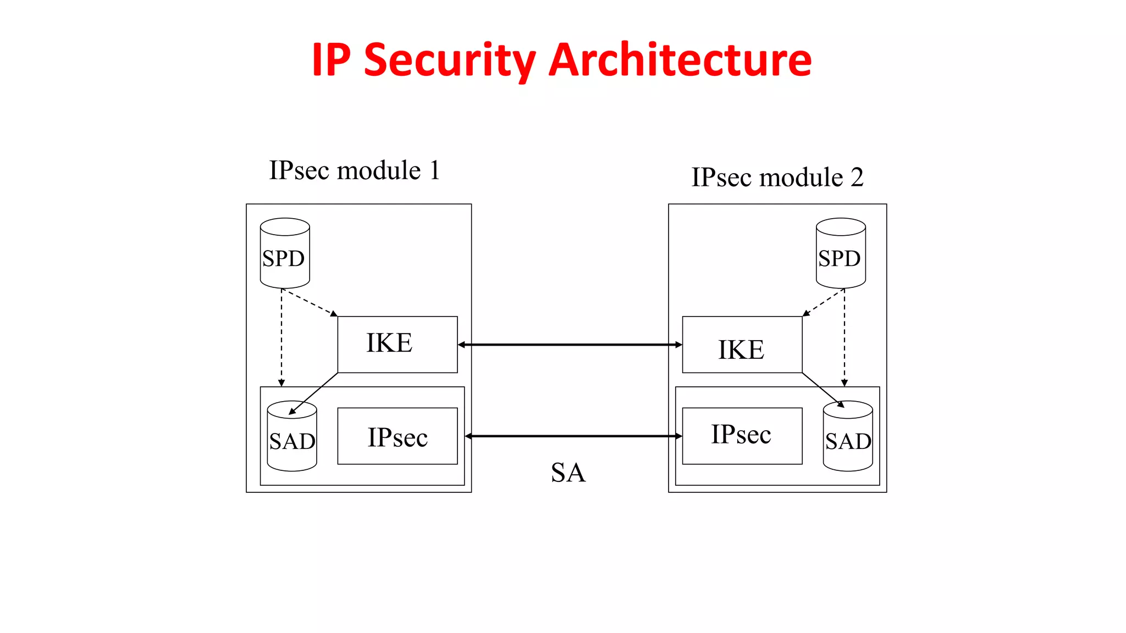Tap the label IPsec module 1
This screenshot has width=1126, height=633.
pyautogui.click(x=355, y=170)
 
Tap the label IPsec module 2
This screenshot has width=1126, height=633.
pyautogui.click(x=777, y=177)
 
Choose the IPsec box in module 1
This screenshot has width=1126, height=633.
pyautogui.click(x=397, y=436)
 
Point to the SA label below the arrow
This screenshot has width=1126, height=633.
pyautogui.click(x=568, y=473)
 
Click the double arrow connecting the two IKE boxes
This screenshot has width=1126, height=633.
pyautogui.click(x=570, y=345)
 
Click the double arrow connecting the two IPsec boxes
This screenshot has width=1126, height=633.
pyautogui.click(x=573, y=436)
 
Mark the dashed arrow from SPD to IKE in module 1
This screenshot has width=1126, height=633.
pyautogui.click(x=310, y=303)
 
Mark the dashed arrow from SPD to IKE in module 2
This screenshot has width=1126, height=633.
pyautogui.click(x=823, y=302)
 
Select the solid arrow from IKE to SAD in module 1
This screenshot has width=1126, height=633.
pyautogui.click(x=314, y=393)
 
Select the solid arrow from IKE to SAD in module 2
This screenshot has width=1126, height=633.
pyautogui.click(x=823, y=390)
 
